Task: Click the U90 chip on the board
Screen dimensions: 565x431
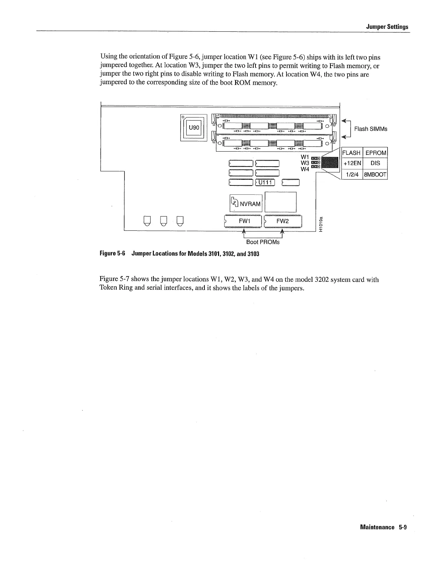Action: coord(193,128)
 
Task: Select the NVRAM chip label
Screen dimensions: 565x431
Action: coord(250,204)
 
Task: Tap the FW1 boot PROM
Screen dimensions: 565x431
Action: coord(245,222)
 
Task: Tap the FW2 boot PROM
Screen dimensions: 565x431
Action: coord(283,222)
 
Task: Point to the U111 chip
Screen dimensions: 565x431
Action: coord(265,183)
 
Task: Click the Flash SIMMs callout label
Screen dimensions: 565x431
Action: coord(370,129)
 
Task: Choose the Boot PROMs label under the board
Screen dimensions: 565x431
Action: coord(263,242)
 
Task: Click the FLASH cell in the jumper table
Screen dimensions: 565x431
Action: coord(351,153)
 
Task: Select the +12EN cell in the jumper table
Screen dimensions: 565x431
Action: coord(352,163)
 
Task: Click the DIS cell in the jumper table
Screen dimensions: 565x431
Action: coord(375,163)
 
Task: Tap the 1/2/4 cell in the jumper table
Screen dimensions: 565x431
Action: coord(352,174)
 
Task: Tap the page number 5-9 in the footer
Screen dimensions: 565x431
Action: coord(403,527)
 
